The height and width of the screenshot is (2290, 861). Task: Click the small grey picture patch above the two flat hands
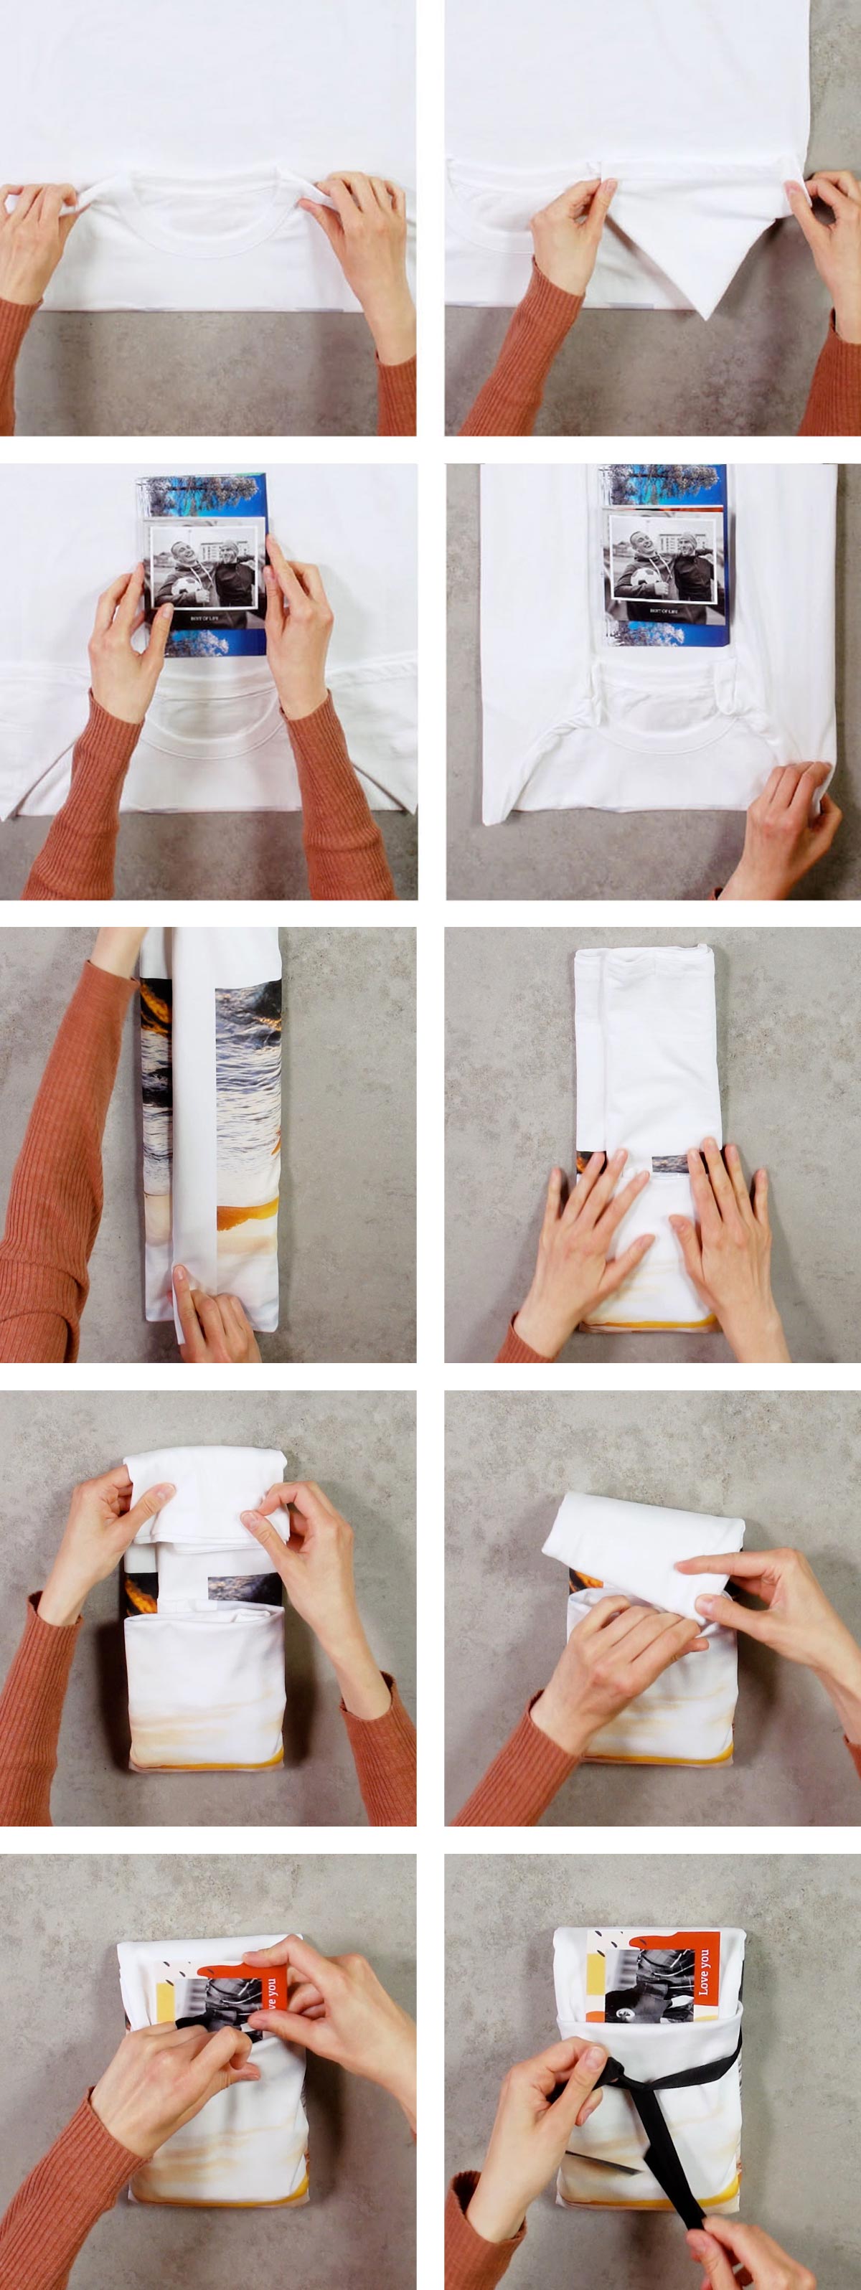669,1163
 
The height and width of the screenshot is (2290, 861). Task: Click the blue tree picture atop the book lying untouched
663,484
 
